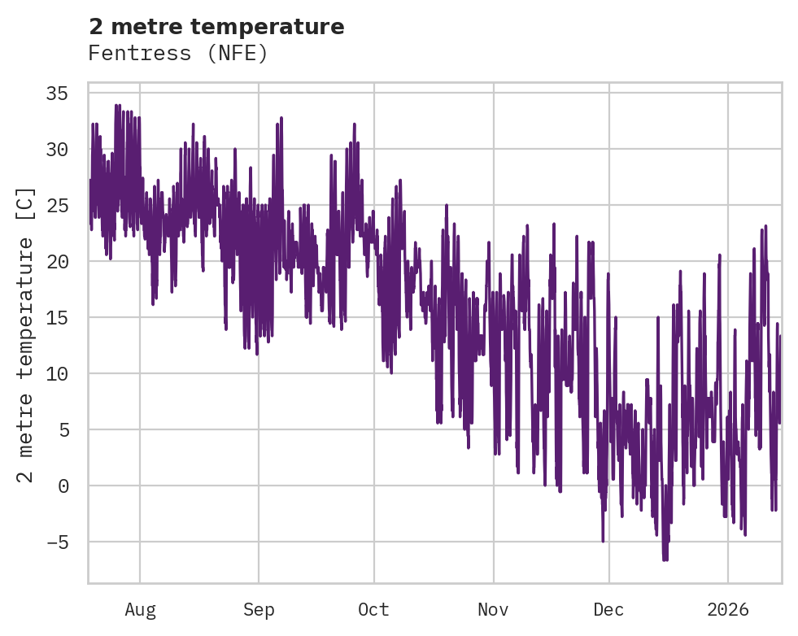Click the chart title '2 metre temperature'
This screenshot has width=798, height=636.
(x=216, y=27)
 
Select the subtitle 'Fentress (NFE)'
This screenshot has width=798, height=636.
(x=178, y=54)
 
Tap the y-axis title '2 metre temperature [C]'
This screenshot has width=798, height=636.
(x=26, y=334)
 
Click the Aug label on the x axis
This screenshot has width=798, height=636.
(x=140, y=609)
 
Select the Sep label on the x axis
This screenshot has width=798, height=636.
(x=259, y=609)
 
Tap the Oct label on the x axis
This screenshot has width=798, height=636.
(x=374, y=609)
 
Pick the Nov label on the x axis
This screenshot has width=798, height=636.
(x=493, y=609)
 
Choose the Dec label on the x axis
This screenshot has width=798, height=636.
(x=608, y=609)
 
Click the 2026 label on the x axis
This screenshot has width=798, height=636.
(x=727, y=609)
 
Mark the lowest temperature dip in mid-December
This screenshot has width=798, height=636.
(x=665, y=560)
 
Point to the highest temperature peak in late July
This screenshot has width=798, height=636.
(x=117, y=105)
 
